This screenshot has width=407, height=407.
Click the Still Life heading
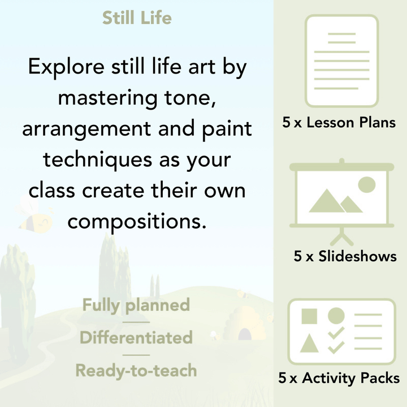(137, 18)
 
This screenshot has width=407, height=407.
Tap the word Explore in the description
(63, 68)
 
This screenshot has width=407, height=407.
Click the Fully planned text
(136, 305)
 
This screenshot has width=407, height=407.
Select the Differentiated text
(136, 338)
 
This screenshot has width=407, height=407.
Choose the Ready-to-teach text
(136, 371)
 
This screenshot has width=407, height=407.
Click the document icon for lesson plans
(341, 60)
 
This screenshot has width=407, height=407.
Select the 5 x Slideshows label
(345, 256)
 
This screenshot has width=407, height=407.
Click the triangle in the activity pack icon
(309, 343)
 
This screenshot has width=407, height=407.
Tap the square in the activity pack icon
(309, 316)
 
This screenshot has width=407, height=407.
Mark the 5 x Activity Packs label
(339, 378)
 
